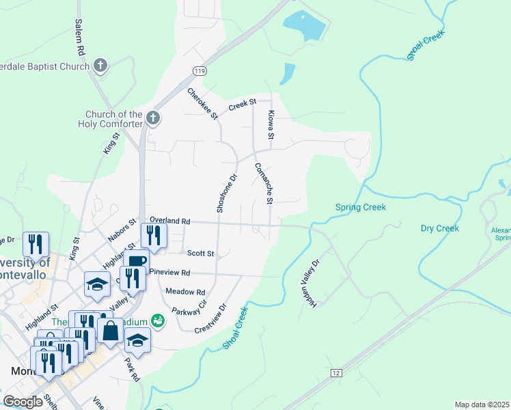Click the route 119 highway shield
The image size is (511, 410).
199,70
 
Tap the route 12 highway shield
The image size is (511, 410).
335,372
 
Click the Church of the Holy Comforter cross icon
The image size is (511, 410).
152,118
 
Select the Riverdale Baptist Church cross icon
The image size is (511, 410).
100,66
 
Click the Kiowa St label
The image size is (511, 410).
271,126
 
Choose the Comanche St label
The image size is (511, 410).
264,183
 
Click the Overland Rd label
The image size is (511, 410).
169,221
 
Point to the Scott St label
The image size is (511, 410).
201,253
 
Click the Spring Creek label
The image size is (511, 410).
360,207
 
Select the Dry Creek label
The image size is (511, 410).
439,228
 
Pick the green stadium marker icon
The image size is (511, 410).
158,320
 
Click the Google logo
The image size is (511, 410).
23,402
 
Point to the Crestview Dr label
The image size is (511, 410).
210,318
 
